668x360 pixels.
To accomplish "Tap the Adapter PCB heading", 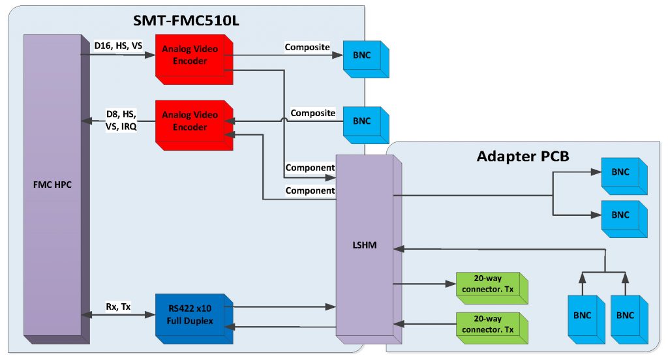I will tap(523, 156).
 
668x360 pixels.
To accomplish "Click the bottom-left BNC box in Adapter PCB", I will tap(583, 316).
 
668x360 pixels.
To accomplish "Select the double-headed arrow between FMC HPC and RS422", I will tap(118, 314).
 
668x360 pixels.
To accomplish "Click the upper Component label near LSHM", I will tap(310, 168).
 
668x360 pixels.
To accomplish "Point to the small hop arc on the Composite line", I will tap(283, 121).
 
